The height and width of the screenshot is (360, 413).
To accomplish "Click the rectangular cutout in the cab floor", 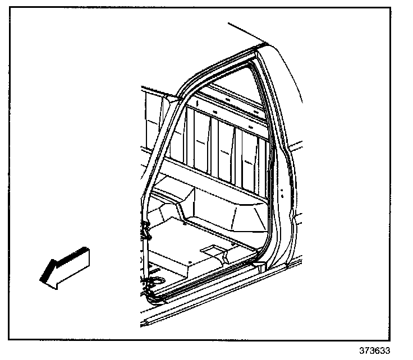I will (213, 248).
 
